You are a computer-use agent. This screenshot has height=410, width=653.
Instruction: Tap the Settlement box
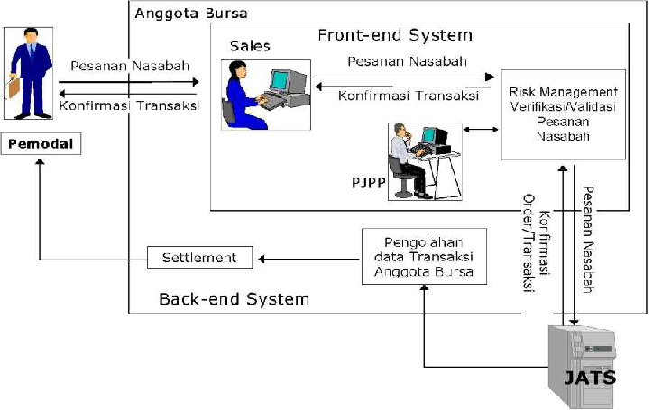pyautogui.click(x=199, y=258)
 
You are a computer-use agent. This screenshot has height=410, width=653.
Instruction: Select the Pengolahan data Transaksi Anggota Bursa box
pyautogui.click(x=423, y=257)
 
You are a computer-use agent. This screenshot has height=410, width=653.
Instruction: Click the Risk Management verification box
pyautogui.click(x=563, y=114)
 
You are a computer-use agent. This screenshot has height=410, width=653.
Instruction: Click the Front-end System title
pyautogui.click(x=394, y=35)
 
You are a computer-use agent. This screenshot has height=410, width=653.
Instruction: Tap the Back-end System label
pyautogui.click(x=234, y=298)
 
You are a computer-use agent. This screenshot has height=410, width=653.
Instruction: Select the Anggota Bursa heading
pyautogui.click(x=190, y=14)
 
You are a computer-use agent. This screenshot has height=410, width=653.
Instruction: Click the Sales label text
pyautogui.click(x=250, y=45)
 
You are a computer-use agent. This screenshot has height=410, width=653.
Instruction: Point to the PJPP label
pyautogui.click(x=368, y=184)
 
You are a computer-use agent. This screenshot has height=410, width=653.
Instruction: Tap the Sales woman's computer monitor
pyautogui.click(x=283, y=80)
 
